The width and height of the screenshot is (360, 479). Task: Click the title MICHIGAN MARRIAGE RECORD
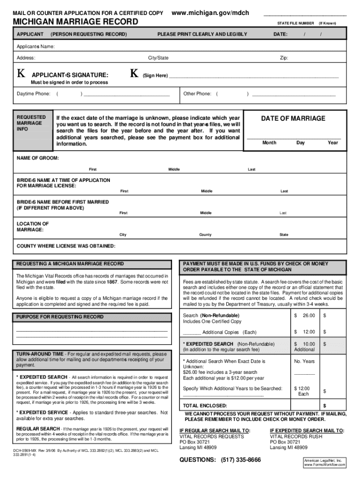(x=75, y=22)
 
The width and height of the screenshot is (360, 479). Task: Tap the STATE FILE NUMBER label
(x=295, y=23)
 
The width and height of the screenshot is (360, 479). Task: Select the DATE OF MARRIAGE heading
(x=293, y=118)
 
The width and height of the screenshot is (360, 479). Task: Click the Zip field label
(x=284, y=58)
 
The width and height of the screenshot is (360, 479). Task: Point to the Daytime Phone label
(x=33, y=94)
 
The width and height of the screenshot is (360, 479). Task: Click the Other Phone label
(x=197, y=94)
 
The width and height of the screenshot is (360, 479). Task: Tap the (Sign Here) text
(x=155, y=75)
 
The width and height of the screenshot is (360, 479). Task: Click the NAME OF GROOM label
(x=38, y=159)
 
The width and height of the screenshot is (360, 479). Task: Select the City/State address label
(x=158, y=58)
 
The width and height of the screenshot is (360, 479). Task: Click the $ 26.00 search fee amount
(x=304, y=316)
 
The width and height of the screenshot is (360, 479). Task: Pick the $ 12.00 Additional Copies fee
(x=304, y=332)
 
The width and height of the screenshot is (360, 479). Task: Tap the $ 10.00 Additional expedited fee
(x=304, y=347)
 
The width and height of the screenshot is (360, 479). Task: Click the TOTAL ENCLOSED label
(x=205, y=406)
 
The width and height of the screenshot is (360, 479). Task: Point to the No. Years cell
(x=304, y=362)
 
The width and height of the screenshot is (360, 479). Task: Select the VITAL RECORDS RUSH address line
(x=296, y=436)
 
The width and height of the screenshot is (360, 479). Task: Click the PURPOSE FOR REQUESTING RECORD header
(x=60, y=317)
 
